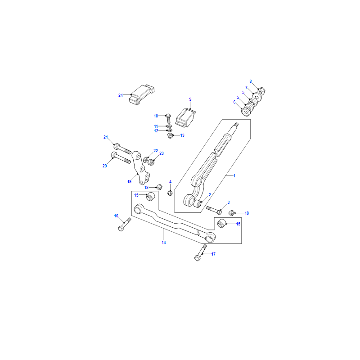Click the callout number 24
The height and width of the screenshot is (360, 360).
click(121, 95)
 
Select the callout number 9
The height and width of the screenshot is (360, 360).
click(190, 99)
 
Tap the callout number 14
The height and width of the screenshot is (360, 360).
click(164, 243)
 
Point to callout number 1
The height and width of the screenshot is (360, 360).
click(234, 176)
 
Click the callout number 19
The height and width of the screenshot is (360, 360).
click(129, 182)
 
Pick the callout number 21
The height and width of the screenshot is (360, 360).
click(106, 137)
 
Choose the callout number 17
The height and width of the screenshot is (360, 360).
click(213, 254)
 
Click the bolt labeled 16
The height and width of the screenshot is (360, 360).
click(125, 224)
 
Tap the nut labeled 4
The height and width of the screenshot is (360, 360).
click(170, 193)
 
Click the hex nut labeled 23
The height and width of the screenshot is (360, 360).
click(151, 162)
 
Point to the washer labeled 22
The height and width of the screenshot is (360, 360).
click(145, 160)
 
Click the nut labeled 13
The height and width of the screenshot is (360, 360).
click(170, 136)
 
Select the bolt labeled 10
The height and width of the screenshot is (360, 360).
click(168, 119)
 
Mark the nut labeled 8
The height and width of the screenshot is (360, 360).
click(262, 90)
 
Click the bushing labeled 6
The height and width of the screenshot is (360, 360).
click(246, 112)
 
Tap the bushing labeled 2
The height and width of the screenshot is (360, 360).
click(198, 204)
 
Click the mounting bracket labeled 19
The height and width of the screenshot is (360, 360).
click(140, 167)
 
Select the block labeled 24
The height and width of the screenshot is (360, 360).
click(141, 95)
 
